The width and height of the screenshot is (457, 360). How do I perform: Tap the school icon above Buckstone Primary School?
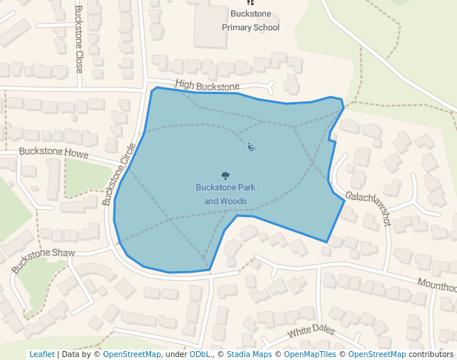coord(250,3)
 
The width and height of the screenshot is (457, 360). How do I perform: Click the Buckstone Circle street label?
coord(119,174)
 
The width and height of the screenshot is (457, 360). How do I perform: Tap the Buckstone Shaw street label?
coord(44,259)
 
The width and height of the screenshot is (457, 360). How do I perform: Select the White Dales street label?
coord(311,331)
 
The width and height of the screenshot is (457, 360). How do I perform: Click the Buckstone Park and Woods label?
coord(225,194)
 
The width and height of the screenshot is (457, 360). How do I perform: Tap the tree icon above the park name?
coord(225,176)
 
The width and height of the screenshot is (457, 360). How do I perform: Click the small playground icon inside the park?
coord(252,147)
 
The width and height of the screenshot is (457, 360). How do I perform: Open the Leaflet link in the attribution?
coord(41,354)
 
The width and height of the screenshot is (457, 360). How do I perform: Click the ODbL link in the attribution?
coord(199,354)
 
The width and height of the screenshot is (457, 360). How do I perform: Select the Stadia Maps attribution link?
coord(251,354)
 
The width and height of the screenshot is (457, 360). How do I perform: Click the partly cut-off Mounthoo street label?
coord(437,285)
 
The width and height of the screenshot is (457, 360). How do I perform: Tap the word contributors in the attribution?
coord(431,354)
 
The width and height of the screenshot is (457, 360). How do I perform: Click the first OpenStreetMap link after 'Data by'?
coord(132,354)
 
